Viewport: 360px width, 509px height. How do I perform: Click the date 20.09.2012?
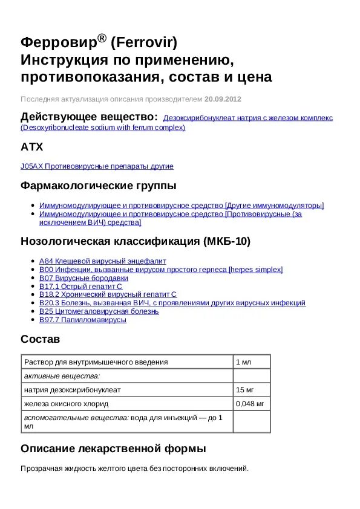(223, 99)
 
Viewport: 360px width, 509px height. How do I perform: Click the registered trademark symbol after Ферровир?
(102, 39)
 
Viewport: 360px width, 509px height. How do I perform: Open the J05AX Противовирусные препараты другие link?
(97, 166)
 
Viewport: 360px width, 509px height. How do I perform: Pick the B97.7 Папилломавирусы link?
(83, 320)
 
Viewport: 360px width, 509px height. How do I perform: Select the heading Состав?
(40, 339)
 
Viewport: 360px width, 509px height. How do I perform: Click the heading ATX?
(31, 147)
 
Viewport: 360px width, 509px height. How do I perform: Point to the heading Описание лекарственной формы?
(113, 449)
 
